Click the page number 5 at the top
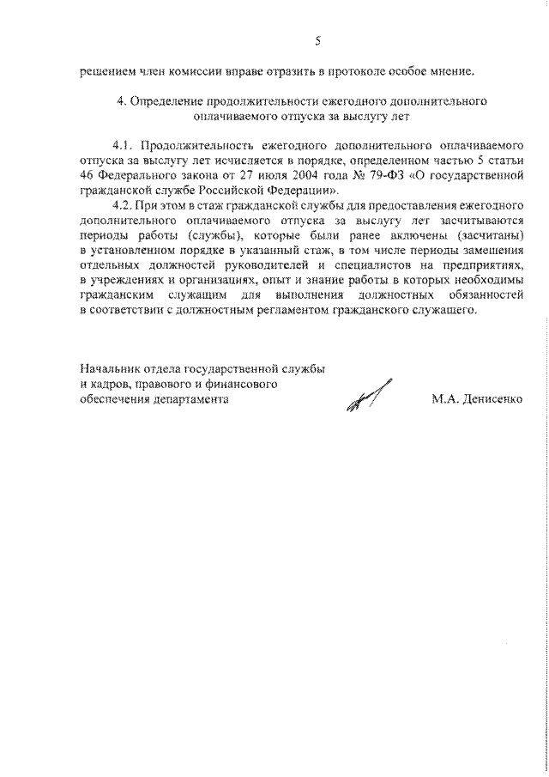pos(317,41)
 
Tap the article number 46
pos(86,176)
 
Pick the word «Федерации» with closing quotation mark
pos(306,190)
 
